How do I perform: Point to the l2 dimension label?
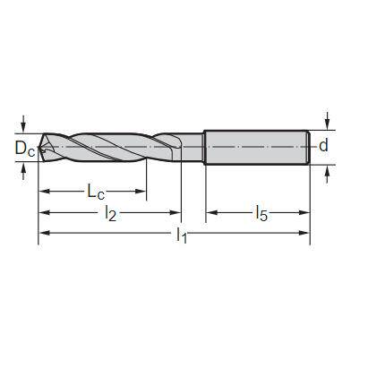[110, 214]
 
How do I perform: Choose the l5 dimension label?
[261, 213]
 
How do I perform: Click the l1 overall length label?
[182, 235]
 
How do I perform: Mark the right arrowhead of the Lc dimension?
[141, 192]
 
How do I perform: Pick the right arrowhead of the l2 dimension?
[176, 213]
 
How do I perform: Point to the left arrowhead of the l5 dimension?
[212, 213]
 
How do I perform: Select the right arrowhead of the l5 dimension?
[305, 213]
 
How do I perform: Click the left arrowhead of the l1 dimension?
[44, 235]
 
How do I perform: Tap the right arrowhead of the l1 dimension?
[305, 235]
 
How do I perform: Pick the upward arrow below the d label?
[329, 172]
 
